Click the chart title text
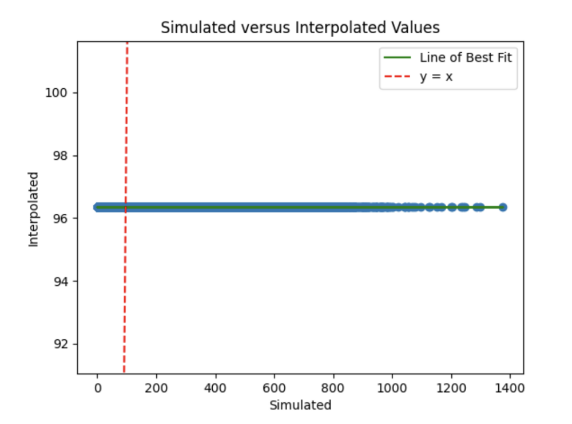click(x=300, y=28)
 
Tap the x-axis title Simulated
click(x=300, y=405)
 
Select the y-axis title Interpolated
click(x=34, y=209)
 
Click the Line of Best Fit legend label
click(x=465, y=57)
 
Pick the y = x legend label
click(x=436, y=76)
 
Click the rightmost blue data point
click(x=502, y=207)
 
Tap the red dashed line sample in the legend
click(x=399, y=76)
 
